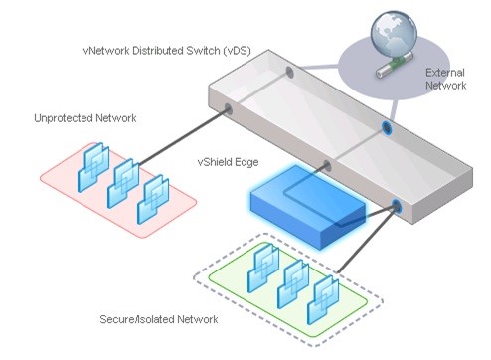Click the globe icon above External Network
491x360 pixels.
click(394, 34)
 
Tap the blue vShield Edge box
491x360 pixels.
click(307, 206)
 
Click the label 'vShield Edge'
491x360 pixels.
click(228, 162)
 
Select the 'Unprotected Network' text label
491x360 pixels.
click(85, 118)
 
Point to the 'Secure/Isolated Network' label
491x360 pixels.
click(159, 319)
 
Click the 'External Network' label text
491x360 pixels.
click(445, 79)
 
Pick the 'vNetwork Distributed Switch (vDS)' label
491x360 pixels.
click(167, 51)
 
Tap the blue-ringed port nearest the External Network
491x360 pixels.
click(387, 127)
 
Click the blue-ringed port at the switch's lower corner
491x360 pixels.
click(396, 206)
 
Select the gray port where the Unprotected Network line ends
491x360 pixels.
click(228, 108)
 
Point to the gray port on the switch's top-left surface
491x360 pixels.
click(289, 72)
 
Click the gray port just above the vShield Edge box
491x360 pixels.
click(327, 166)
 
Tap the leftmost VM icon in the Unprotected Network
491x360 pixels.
click(93, 167)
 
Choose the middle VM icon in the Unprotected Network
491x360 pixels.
click(123, 183)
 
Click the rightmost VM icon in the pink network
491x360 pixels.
click(153, 199)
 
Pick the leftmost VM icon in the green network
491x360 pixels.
click(263, 269)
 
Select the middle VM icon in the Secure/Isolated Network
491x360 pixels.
click(293, 284)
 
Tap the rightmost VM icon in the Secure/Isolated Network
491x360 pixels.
click(323, 300)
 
